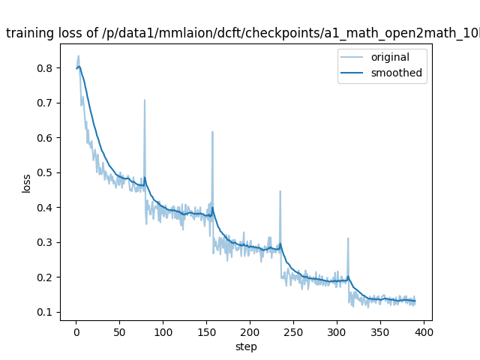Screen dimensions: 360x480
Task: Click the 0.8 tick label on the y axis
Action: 46,68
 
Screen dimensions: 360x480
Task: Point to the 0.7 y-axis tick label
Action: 46,103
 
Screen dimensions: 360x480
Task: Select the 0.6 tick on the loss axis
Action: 46,138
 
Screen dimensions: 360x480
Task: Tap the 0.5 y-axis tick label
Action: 46,172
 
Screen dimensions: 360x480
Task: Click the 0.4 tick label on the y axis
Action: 46,208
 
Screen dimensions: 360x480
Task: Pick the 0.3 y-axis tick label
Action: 46,242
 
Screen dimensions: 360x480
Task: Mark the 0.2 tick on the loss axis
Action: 46,277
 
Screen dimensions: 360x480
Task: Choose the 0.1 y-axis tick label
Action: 46,312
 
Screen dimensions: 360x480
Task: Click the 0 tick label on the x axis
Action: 76,331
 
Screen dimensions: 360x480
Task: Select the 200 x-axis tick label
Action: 250,331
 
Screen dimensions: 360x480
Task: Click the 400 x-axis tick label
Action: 424,331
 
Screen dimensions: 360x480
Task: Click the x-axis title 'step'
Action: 246,346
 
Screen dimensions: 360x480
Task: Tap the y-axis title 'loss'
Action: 26,183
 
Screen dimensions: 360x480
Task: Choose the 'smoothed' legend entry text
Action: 397,73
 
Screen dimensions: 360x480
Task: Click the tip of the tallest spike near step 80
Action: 145,100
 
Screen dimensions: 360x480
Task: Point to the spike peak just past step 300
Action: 348,238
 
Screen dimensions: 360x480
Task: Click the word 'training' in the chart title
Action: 30,33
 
